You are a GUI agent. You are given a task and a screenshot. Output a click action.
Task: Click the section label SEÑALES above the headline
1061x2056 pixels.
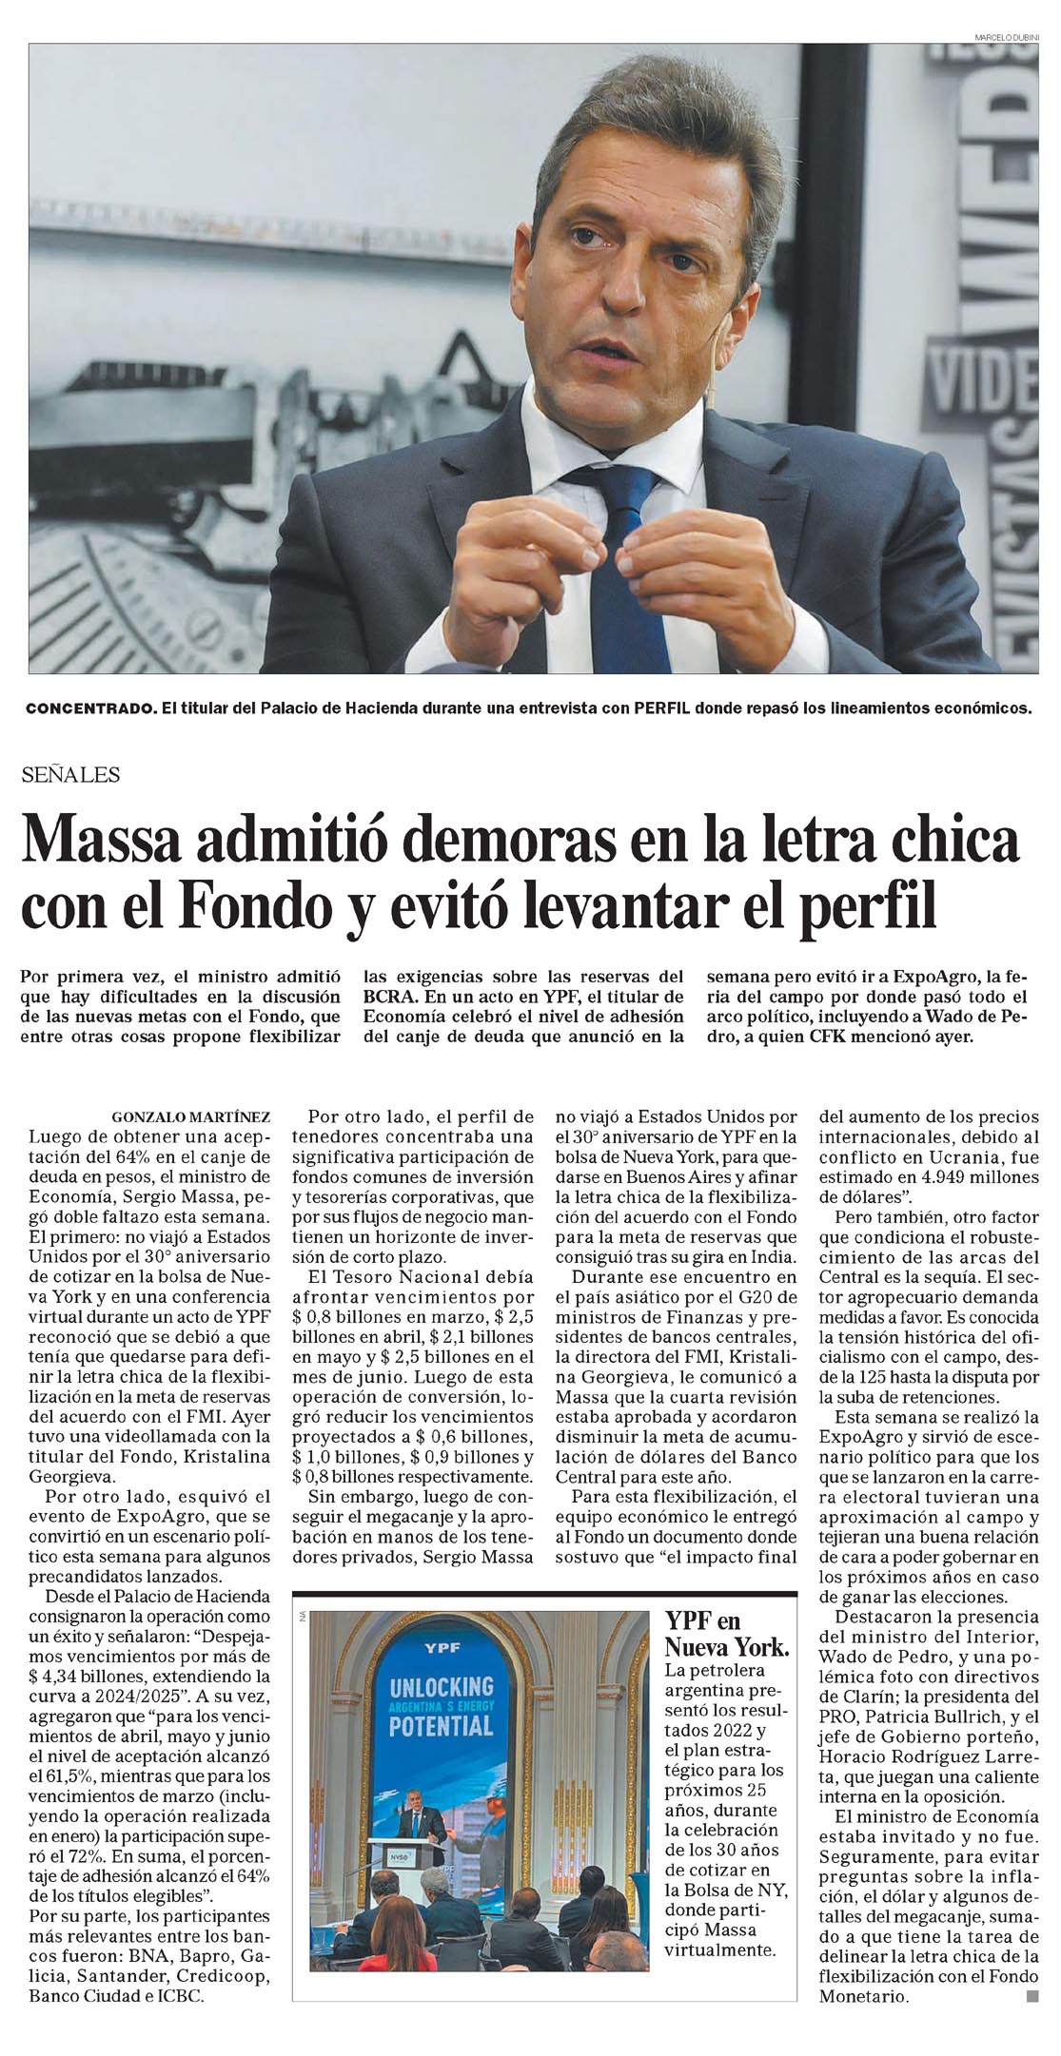(71, 775)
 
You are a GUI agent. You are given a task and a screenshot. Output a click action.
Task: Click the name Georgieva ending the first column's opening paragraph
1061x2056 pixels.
(71, 1477)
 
